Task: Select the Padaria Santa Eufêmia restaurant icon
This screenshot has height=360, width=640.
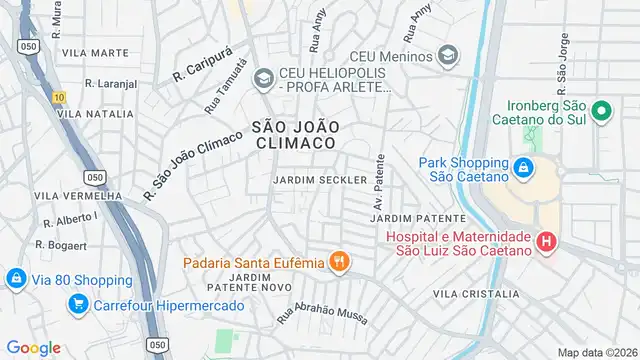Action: coord(340,262)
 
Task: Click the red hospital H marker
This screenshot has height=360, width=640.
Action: coord(546,241)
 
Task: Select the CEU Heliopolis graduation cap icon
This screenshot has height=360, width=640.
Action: coord(263,77)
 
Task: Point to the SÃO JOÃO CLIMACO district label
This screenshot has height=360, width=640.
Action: coord(294,135)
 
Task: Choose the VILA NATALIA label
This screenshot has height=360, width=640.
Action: coord(96,115)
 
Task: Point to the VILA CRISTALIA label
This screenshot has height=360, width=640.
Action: coord(477,294)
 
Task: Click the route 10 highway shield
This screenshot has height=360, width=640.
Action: coord(59,97)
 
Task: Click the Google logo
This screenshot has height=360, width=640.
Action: coord(34,348)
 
